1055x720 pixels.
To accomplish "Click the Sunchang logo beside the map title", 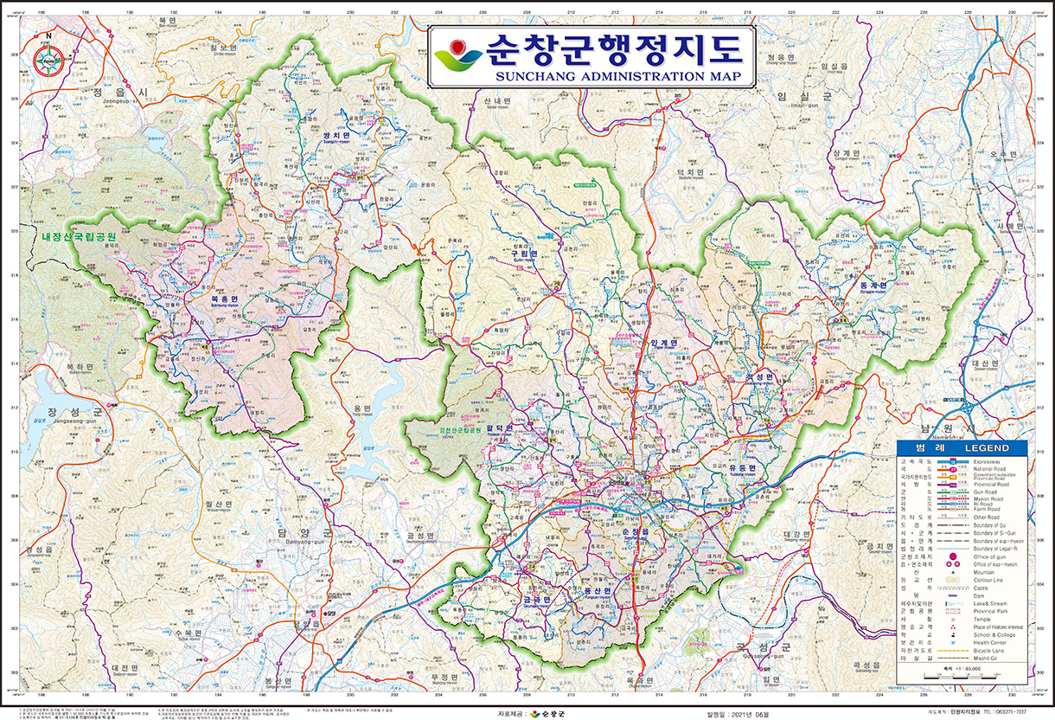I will click(x=458, y=55).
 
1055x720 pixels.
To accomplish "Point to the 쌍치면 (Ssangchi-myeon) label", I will click(x=335, y=137).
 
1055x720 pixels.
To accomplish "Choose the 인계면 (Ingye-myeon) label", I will click(x=662, y=343).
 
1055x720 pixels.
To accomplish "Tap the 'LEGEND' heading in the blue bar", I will click(x=986, y=448).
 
